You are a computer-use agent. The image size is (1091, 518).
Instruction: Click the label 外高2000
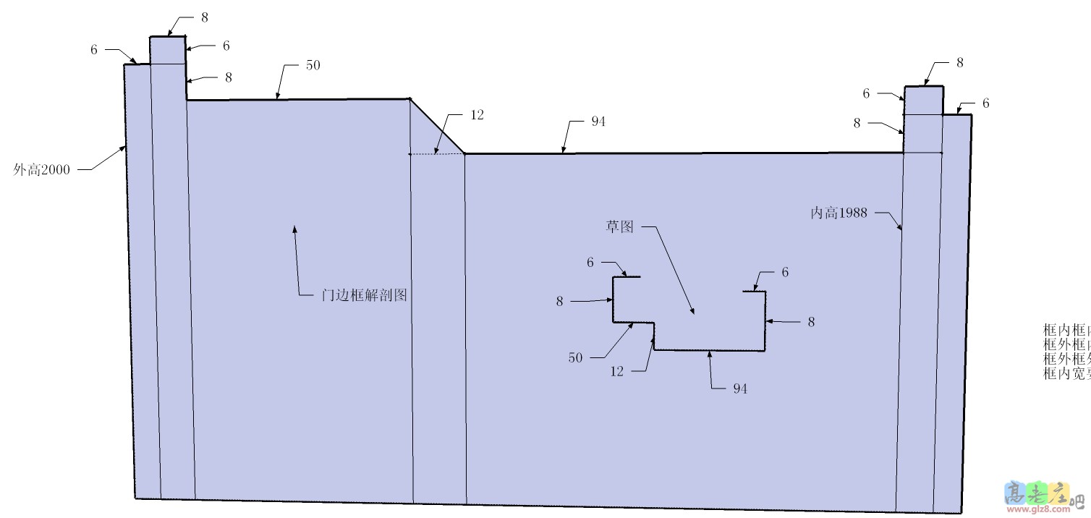click(42, 170)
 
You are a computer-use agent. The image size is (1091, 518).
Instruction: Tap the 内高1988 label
click(839, 213)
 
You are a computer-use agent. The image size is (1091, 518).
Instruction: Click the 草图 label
click(619, 227)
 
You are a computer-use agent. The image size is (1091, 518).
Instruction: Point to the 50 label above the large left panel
click(313, 65)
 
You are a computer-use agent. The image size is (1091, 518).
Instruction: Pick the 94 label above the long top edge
click(598, 122)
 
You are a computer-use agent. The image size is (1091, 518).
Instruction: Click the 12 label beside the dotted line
click(477, 114)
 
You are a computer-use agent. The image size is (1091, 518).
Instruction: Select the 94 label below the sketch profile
click(740, 388)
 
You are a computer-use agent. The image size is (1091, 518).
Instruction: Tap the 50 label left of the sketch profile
click(575, 357)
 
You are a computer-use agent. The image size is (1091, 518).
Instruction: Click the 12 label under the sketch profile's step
click(616, 371)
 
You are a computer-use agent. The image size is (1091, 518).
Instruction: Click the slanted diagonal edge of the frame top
click(437, 126)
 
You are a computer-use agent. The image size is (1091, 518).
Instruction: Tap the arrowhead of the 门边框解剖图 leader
click(294, 229)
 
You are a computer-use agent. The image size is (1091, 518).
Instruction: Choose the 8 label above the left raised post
click(205, 17)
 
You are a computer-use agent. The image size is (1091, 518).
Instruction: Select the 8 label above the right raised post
click(959, 63)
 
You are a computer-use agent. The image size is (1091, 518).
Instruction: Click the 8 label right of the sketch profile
click(811, 322)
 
